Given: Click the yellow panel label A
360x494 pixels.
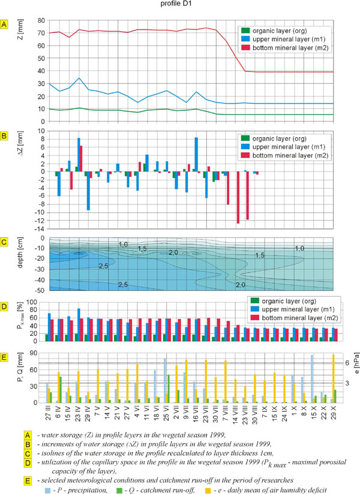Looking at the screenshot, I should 5,25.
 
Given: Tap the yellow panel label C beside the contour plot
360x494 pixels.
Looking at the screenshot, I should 5,242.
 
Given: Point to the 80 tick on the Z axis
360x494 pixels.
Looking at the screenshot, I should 42,20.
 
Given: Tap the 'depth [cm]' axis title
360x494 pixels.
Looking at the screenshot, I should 21,264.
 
